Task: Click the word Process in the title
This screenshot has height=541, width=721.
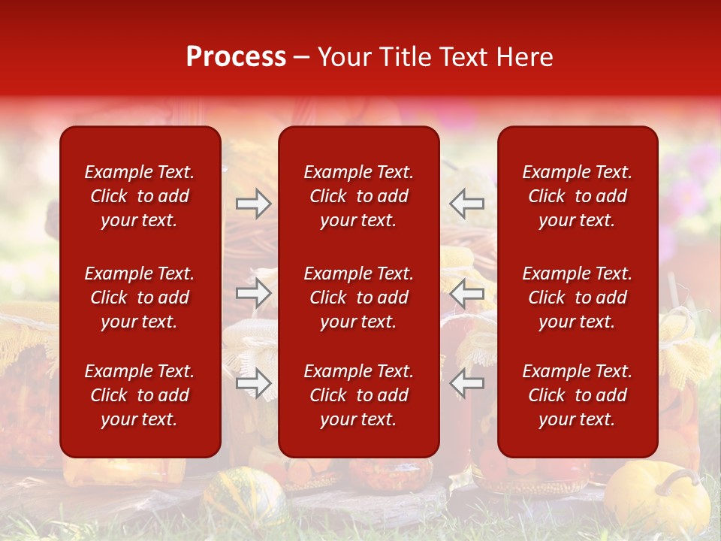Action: (236, 57)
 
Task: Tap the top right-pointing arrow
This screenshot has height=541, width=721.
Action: (253, 204)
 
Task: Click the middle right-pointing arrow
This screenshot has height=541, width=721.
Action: (253, 293)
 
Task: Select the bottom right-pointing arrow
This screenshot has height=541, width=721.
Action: (253, 383)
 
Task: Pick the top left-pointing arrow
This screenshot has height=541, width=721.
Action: (467, 204)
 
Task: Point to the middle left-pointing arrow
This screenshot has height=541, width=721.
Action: (467, 293)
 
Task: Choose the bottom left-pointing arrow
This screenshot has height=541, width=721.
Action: (467, 383)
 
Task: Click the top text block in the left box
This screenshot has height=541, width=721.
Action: (140, 196)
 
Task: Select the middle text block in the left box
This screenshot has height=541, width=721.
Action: (140, 298)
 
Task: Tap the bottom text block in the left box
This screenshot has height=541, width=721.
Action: (140, 395)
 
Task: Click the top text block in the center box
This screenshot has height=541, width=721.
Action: (359, 196)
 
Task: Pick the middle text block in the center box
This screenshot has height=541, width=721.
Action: (359, 298)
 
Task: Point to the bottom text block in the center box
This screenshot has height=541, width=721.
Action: (359, 395)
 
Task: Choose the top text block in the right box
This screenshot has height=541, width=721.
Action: (578, 196)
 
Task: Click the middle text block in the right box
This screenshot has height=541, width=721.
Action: (578, 298)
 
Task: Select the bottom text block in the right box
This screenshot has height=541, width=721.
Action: (578, 395)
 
